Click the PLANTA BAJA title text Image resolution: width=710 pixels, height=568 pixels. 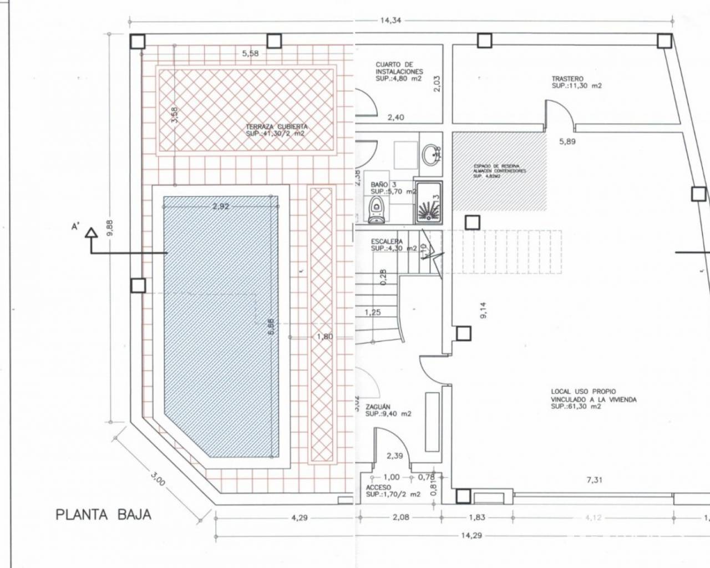coord(103,514)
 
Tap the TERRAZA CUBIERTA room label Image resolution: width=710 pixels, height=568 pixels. coord(276,130)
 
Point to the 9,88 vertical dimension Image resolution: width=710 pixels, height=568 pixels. coord(110,227)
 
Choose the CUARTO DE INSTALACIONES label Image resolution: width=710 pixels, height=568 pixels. coord(398,72)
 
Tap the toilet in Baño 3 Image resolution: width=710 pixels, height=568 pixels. coord(376,209)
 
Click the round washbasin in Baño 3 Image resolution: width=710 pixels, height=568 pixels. coord(430,155)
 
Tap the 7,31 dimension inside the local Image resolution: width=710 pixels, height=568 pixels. coord(594,480)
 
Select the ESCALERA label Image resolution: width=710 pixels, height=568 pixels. coord(386,245)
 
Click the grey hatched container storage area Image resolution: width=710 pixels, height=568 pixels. coord(499,171)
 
